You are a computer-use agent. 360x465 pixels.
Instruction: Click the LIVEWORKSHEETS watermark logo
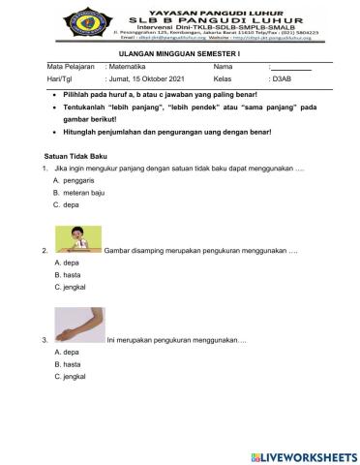(301, 453)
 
